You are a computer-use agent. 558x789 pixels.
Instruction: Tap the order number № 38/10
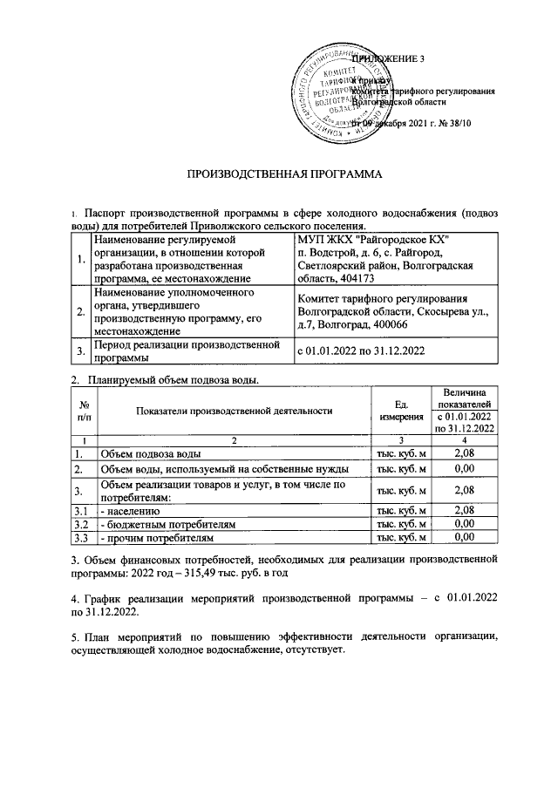451,124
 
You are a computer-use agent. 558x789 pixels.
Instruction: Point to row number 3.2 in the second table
82,525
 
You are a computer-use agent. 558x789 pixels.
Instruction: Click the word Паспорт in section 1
105,212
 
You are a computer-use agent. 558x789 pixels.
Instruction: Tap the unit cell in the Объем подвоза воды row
400,454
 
